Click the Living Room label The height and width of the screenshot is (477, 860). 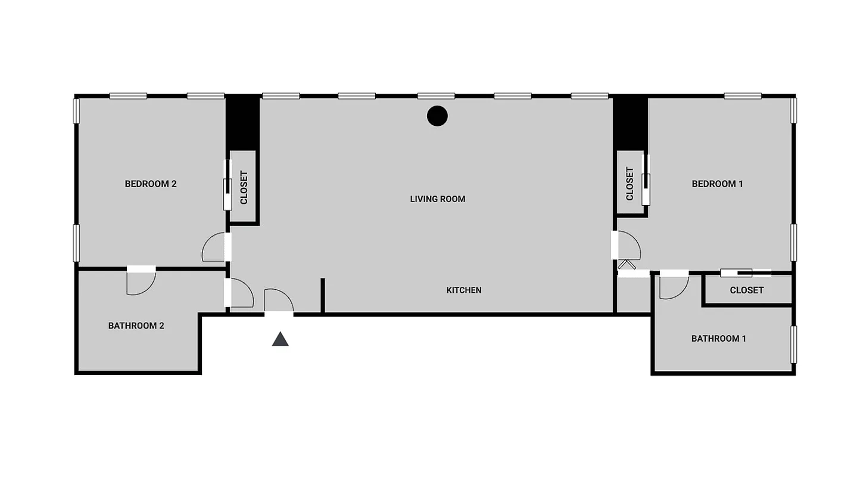(437, 199)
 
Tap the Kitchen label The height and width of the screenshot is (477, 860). (464, 290)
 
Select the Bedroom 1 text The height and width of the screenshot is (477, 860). (717, 184)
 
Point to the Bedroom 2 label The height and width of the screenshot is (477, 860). (151, 184)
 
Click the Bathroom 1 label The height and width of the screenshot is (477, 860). (718, 339)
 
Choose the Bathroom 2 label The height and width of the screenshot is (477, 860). (136, 326)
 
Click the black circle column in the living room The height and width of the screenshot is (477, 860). (437, 116)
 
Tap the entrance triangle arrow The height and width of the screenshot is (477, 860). (280, 339)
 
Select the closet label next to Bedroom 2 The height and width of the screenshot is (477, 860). (244, 188)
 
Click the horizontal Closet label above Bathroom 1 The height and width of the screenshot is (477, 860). (746, 290)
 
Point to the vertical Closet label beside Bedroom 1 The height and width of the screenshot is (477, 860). (630, 184)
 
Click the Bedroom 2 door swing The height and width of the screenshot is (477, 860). (213, 249)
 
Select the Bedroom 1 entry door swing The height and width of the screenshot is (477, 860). (629, 245)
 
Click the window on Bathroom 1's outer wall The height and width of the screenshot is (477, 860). (793, 344)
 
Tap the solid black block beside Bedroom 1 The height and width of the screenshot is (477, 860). (630, 122)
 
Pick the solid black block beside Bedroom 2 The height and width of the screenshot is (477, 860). (242, 122)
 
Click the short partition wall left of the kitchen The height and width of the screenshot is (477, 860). (322, 295)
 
